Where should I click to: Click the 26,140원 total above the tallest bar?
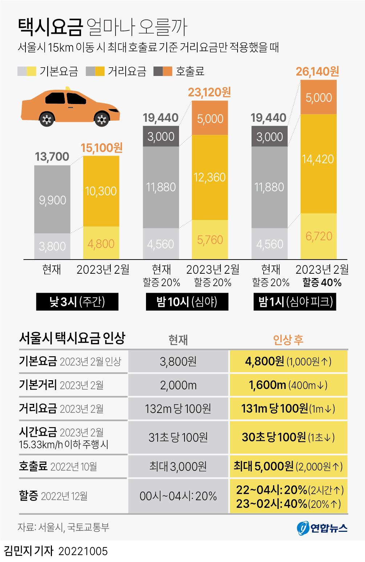coord(317,72)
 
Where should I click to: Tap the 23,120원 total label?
coord(209,92)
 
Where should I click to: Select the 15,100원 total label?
coord(101,148)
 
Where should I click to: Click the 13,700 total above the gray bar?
coord(52,157)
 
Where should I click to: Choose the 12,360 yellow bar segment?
coord(210,177)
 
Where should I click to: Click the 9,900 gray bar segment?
coord(52,200)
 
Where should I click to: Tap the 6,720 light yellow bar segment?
coord(319,236)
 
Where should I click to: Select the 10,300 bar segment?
coord(101,191)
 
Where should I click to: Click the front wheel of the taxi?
coord(102,119)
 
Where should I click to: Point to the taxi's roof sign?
coord(68,88)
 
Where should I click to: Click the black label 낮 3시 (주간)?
coord(77,302)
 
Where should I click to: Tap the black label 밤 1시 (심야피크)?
coord(295,302)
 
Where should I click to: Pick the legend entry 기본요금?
coord(48,71)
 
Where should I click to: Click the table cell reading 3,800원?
coord(178,361)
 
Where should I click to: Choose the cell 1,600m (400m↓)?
coord(288,385)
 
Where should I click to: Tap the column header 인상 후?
coord(288,340)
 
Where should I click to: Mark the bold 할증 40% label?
coord(322,282)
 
